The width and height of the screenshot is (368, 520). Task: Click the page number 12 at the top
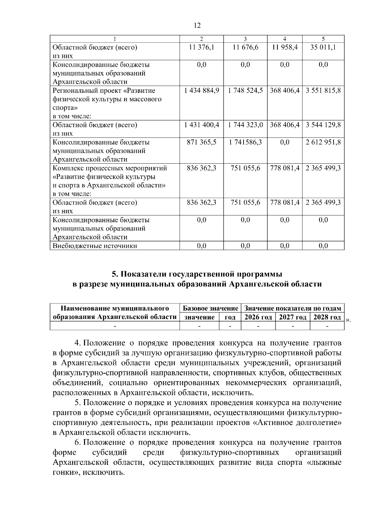(197, 25)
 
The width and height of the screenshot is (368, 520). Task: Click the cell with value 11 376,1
(201, 47)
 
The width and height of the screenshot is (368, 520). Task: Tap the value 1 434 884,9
(201, 91)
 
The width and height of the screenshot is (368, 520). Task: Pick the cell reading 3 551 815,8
(323, 91)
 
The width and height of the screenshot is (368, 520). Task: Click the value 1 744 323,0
(245, 125)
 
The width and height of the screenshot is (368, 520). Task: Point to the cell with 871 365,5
(201, 142)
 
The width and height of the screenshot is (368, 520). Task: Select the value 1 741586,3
(245, 142)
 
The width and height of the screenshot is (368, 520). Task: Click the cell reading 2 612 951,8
(323, 142)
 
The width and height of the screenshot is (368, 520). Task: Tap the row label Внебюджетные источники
(95, 246)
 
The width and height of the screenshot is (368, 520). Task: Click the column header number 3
(245, 39)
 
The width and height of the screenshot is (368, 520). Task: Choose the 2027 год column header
(293, 317)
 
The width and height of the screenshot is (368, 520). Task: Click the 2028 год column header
(327, 317)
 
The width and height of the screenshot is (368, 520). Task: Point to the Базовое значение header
(210, 308)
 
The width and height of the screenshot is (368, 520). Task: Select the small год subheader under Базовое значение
(230, 317)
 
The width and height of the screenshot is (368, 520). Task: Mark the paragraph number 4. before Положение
(78, 343)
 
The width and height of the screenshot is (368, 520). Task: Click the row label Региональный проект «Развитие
(104, 91)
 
